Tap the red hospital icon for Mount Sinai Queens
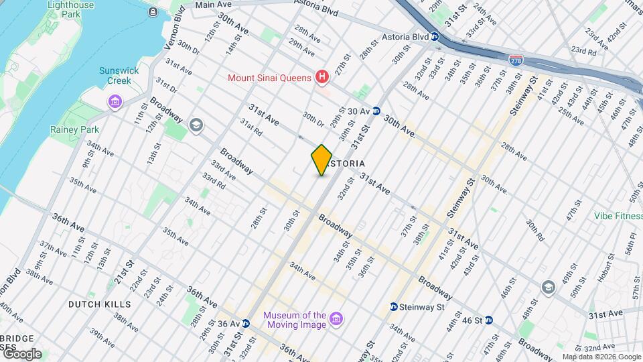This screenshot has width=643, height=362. (322, 78)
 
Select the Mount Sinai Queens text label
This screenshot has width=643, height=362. (270, 78)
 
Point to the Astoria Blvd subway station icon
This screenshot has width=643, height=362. (435, 37)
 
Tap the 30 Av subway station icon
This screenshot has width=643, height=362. (377, 111)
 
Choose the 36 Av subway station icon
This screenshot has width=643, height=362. (246, 323)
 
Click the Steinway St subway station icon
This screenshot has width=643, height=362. (394, 307)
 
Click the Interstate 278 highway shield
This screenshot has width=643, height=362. (515, 60)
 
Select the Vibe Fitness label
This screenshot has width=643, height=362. (618, 216)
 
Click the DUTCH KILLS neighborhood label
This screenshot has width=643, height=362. (100, 304)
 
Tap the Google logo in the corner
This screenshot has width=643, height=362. (21, 354)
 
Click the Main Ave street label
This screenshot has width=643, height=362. (213, 5)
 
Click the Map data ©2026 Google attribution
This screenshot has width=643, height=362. (601, 357)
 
